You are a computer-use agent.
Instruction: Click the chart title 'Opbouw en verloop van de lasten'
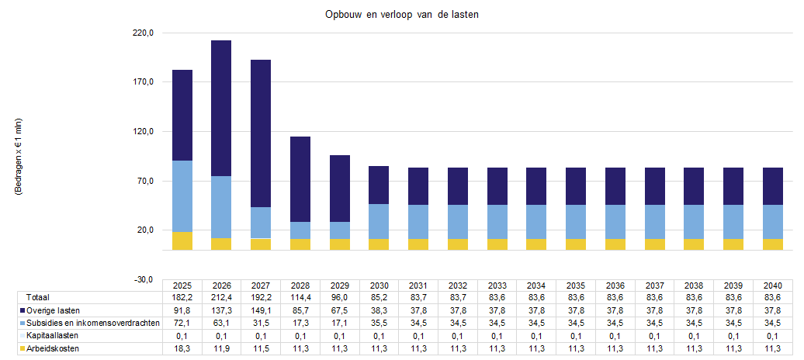pyautogui.click(x=401, y=16)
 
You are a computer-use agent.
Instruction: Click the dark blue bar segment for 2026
pyautogui.click(x=221, y=108)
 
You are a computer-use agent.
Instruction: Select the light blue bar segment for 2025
pyautogui.click(x=182, y=196)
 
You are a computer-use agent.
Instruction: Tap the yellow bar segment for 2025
pyautogui.click(x=182, y=241)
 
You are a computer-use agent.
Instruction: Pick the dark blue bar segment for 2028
pyautogui.click(x=300, y=178)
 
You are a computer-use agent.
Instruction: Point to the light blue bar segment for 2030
pyautogui.click(x=379, y=221)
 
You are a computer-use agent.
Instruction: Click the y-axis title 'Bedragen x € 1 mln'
pyautogui.click(x=19, y=155)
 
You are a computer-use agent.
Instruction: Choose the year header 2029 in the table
pyautogui.click(x=340, y=286)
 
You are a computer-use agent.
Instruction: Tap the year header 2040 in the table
pyautogui.click(x=773, y=286)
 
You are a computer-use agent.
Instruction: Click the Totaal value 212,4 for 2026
pyautogui.click(x=222, y=298)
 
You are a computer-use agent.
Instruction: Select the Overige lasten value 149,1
pyautogui.click(x=262, y=310)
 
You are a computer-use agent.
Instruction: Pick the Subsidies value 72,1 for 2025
pyautogui.click(x=182, y=323)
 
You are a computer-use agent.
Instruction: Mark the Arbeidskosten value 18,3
pyautogui.click(x=182, y=348)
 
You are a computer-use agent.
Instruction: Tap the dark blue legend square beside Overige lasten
pyautogui.click(x=21, y=310)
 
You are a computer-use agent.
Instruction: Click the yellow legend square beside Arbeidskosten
pyautogui.click(x=21, y=348)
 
